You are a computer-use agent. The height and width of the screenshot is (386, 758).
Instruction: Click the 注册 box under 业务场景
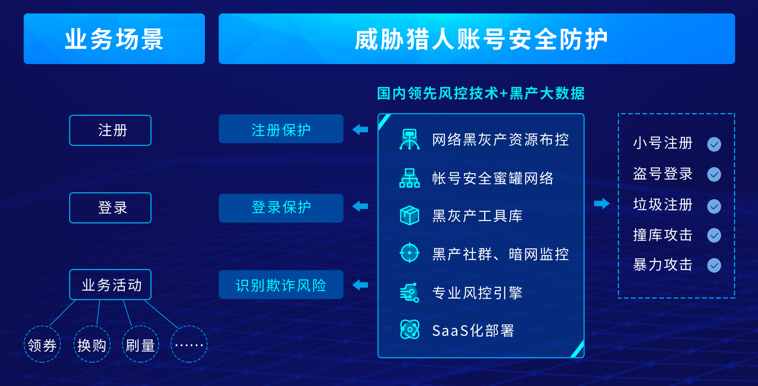point(110,130)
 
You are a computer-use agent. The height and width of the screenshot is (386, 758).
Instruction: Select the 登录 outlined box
point(110,208)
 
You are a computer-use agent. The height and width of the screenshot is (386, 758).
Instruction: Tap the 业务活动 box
point(110,285)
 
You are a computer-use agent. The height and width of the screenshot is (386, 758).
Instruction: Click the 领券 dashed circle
point(42,344)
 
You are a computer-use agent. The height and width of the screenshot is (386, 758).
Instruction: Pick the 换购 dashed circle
point(92,344)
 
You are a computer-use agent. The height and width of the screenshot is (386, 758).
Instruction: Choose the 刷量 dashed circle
point(141,344)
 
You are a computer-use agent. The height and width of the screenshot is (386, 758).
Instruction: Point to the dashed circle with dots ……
point(189,344)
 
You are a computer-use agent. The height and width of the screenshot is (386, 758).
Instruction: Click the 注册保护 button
point(281,129)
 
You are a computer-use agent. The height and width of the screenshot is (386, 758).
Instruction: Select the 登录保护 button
point(281,208)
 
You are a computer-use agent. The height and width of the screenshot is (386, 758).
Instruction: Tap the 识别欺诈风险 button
point(281,285)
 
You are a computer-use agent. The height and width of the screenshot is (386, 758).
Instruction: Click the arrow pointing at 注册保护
point(360,129)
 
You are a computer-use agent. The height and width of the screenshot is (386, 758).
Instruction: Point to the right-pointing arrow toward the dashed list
point(602,203)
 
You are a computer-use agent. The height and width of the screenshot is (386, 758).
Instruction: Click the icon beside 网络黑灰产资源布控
point(409,139)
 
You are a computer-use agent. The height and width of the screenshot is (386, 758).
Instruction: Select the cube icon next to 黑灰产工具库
point(409,216)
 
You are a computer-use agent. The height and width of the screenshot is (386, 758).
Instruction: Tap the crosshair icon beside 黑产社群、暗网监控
point(409,253)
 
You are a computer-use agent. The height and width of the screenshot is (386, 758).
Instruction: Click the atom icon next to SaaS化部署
point(410,329)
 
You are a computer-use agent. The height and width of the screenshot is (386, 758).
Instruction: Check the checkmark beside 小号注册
point(714,144)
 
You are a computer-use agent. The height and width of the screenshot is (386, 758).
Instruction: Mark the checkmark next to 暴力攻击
point(714,265)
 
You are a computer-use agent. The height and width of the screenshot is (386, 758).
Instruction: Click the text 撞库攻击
point(663,235)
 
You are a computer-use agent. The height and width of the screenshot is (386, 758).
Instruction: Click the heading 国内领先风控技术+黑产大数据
point(481,93)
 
